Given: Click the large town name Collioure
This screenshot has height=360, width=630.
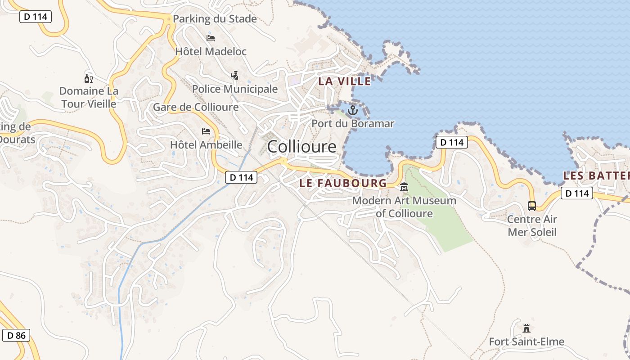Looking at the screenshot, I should [301, 147].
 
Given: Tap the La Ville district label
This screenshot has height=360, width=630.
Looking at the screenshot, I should [345, 81].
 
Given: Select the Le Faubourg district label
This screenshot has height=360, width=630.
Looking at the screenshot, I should [343, 183].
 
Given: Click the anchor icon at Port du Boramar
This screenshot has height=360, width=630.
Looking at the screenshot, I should [353, 110].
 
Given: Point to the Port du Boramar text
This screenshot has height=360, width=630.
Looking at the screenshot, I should [353, 124].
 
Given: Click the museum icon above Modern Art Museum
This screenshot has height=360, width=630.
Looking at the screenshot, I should [404, 187].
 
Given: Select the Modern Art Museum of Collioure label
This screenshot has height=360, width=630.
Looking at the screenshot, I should [404, 207].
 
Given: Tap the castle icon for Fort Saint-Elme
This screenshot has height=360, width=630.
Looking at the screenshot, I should [526, 328].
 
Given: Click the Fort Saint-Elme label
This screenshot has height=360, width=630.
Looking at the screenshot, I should [526, 342].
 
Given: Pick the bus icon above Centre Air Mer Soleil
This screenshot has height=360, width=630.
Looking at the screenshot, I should [532, 206].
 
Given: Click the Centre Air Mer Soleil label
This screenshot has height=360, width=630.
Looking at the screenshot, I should [532, 226].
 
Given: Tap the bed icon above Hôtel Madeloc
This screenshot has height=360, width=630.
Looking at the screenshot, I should [211, 38].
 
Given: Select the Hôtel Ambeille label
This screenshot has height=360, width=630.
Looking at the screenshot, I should [206, 145].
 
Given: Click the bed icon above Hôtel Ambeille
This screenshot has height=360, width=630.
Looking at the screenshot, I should [206, 131].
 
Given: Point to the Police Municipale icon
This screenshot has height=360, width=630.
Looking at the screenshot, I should [234, 75].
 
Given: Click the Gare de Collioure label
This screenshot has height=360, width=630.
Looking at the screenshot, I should [196, 107].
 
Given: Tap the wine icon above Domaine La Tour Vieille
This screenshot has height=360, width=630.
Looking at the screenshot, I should [89, 79].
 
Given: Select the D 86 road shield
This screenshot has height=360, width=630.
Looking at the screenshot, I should [16, 335].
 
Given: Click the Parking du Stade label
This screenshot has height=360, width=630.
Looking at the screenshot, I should [215, 19].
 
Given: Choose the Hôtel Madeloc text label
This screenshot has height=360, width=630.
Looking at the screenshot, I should [211, 52].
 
